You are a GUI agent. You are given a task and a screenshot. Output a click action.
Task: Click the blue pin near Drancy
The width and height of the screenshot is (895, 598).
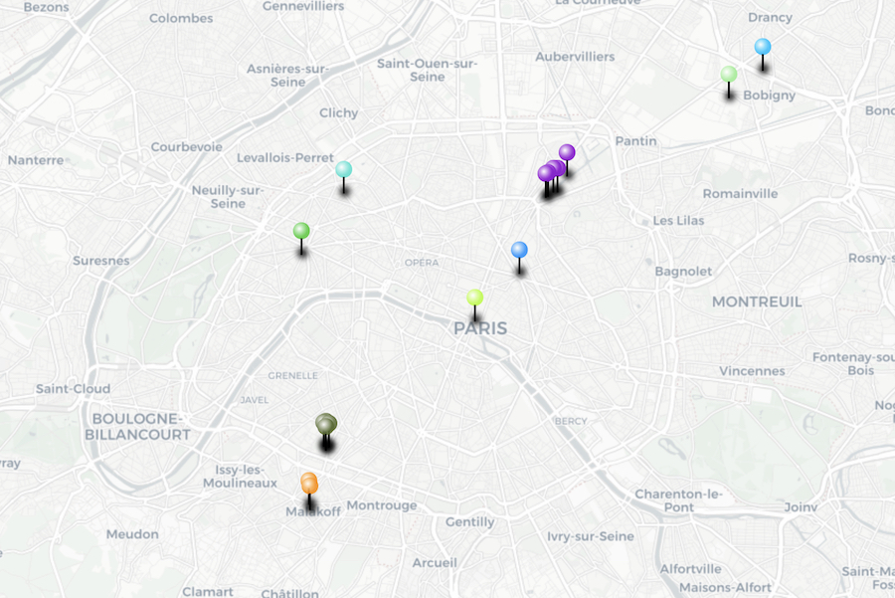[x=763, y=47]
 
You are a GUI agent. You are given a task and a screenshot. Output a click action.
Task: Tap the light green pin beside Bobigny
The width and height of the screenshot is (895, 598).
[x=729, y=75]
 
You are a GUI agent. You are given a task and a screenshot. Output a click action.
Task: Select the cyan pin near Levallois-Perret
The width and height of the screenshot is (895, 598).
[x=343, y=169]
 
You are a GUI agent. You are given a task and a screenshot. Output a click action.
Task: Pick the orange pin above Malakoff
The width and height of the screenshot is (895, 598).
[x=309, y=484]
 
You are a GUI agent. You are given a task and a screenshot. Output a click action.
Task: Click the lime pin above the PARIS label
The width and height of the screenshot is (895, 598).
[x=475, y=298]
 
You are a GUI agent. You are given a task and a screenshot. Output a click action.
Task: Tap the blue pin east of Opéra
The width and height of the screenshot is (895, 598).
[x=519, y=250]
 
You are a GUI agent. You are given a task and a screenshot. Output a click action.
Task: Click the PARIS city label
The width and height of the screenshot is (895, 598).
[x=480, y=328]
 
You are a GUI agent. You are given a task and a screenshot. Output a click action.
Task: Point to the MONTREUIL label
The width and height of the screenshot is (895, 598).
[x=757, y=301]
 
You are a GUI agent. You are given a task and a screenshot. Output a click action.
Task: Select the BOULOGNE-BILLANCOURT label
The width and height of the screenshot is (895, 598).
[x=137, y=427]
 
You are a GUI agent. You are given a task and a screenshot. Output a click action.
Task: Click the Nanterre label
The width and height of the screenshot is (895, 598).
[x=36, y=160]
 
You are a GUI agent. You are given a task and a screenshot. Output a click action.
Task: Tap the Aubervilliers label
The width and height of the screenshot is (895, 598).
[x=575, y=57]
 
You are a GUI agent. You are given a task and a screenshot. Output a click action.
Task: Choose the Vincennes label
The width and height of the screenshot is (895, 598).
[x=752, y=371]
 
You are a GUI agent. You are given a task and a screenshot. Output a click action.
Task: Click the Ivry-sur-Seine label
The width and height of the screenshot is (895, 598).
[x=590, y=536]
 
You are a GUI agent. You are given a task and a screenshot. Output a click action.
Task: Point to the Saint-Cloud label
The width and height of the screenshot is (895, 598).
[x=73, y=389]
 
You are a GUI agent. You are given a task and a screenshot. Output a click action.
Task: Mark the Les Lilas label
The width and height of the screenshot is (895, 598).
[x=678, y=221]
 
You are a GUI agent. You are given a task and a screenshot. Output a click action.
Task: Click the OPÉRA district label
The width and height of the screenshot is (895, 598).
[x=422, y=263]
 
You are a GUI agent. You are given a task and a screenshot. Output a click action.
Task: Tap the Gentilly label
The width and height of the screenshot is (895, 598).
[x=470, y=522]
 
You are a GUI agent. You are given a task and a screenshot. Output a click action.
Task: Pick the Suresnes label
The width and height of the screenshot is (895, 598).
[x=101, y=261]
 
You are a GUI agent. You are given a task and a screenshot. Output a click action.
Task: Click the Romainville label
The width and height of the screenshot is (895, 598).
[x=740, y=194]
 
